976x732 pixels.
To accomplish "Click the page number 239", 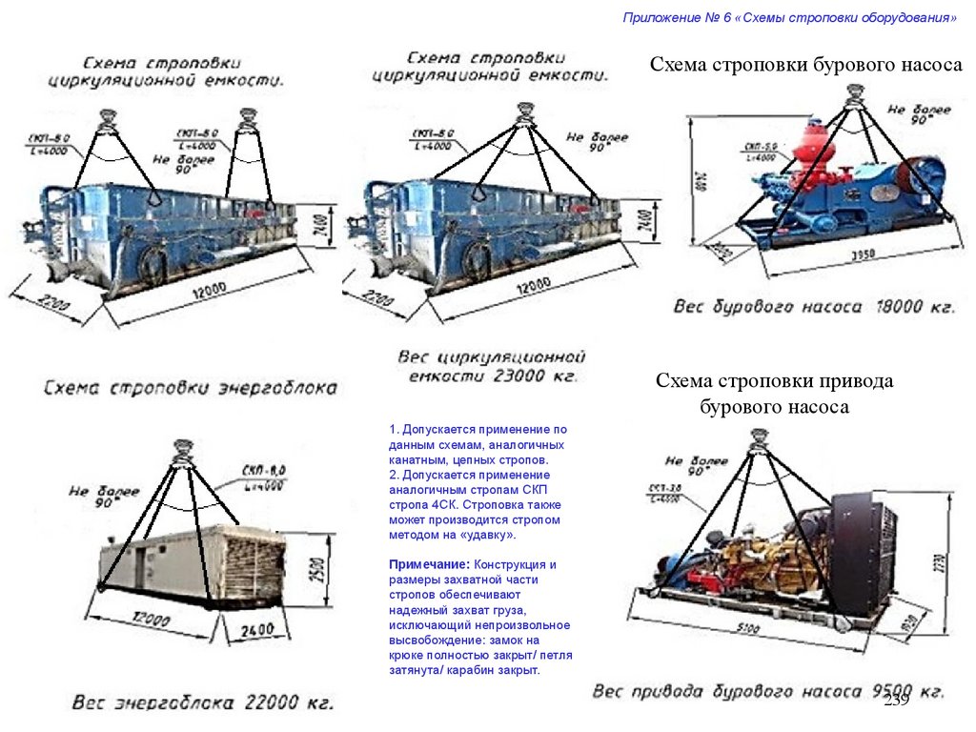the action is click(x=897, y=701).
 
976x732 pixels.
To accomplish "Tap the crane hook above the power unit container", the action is click(x=180, y=449).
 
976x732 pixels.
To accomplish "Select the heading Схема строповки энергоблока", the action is click(x=191, y=389).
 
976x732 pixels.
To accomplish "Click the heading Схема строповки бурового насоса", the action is click(x=806, y=65).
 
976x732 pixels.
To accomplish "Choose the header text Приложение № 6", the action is click(x=678, y=18).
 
